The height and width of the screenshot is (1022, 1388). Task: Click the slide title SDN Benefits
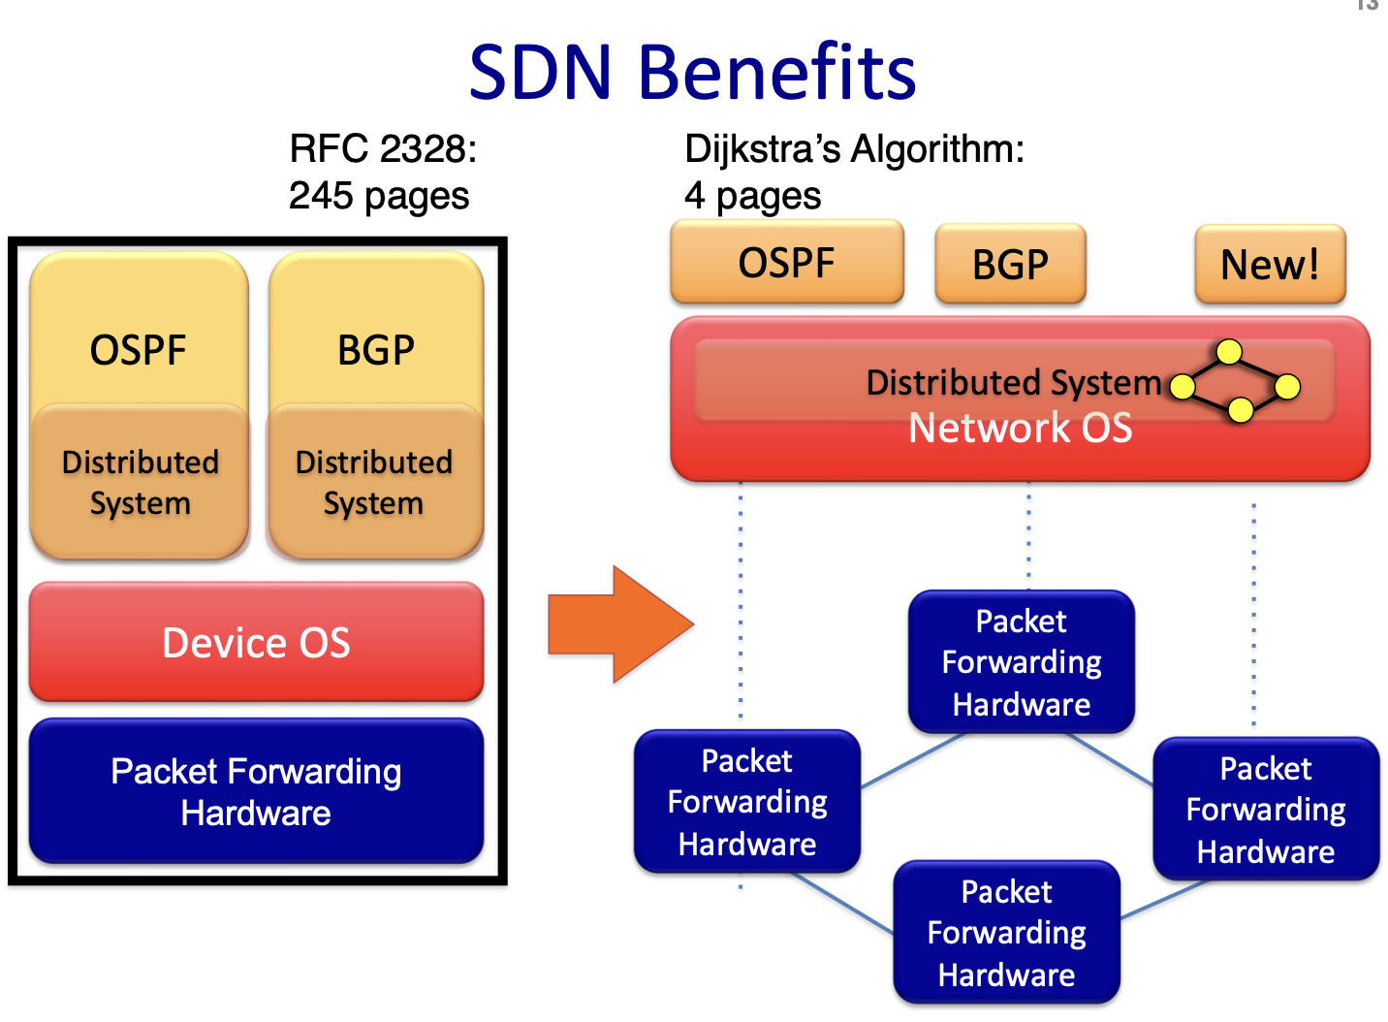coord(692,73)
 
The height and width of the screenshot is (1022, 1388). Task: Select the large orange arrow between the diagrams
coord(620,624)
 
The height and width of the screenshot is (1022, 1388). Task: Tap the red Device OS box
coord(256,642)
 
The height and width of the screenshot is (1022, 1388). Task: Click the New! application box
coord(1270,264)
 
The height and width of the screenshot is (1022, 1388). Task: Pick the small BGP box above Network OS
coord(1010,264)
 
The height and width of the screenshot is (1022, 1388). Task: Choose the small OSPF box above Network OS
coord(786,262)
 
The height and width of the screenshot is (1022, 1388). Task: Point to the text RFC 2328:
coord(383,149)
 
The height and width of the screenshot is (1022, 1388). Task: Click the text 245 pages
coord(379,196)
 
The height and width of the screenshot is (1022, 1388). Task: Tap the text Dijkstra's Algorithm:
coord(854,149)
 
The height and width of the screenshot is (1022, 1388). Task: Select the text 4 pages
coord(752,196)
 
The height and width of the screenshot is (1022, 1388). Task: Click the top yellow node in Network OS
coord(1229,351)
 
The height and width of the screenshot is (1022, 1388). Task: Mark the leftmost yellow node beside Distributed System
coord(1182,387)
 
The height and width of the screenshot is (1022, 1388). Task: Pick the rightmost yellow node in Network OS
coord(1287,387)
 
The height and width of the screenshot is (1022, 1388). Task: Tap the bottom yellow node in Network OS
coord(1240,411)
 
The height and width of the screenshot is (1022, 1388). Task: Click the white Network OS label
coord(1020,428)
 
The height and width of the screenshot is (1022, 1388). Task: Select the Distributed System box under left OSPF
coord(140,482)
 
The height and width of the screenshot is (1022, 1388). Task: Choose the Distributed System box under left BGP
coord(374,482)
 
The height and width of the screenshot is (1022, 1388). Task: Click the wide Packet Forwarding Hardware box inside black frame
coord(256,791)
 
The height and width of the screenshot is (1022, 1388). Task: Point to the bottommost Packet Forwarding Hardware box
coord(1006,933)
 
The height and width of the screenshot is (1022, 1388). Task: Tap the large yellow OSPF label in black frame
coord(138,349)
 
